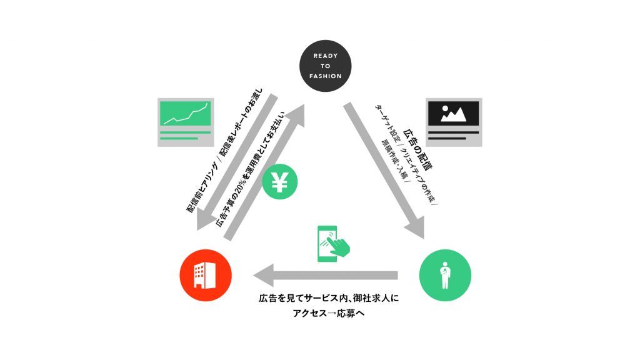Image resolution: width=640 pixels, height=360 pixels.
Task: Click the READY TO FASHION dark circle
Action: pyautogui.click(x=325, y=66)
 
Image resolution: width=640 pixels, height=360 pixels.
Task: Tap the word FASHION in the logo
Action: pyautogui.click(x=325, y=76)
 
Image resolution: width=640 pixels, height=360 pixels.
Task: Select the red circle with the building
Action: pyautogui.click(x=206, y=275)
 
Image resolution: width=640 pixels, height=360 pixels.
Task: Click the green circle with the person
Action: pyautogui.click(x=445, y=275)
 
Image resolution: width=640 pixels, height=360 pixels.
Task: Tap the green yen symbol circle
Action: pyautogui.click(x=279, y=182)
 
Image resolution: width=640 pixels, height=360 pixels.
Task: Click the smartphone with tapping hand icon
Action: pyautogui.click(x=332, y=244)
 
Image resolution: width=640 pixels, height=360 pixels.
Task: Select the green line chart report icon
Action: pyautogui.click(x=186, y=122)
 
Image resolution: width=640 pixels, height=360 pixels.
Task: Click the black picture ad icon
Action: pyautogui.click(x=454, y=122)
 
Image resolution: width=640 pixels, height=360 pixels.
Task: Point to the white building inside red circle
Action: pyautogui.click(x=205, y=275)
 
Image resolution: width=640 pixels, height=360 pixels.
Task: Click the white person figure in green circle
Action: pyautogui.click(x=445, y=275)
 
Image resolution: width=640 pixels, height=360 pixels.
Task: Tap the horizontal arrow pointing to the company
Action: pyautogui.click(x=325, y=275)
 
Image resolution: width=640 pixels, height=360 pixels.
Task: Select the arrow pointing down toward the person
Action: pyautogui.click(x=384, y=170)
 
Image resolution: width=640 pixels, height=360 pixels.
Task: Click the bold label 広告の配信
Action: pyautogui.click(x=418, y=149)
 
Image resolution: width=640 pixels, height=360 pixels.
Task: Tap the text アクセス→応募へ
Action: pyautogui.click(x=329, y=314)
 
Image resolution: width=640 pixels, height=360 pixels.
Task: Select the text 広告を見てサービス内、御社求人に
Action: pyautogui.click(x=329, y=298)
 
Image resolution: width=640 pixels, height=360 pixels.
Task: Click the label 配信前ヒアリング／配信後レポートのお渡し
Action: pyautogui.click(x=224, y=151)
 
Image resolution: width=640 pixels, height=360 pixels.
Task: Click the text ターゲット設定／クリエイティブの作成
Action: pyautogui.click(x=406, y=154)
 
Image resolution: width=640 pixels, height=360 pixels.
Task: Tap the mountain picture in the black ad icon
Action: pyautogui.click(x=454, y=114)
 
